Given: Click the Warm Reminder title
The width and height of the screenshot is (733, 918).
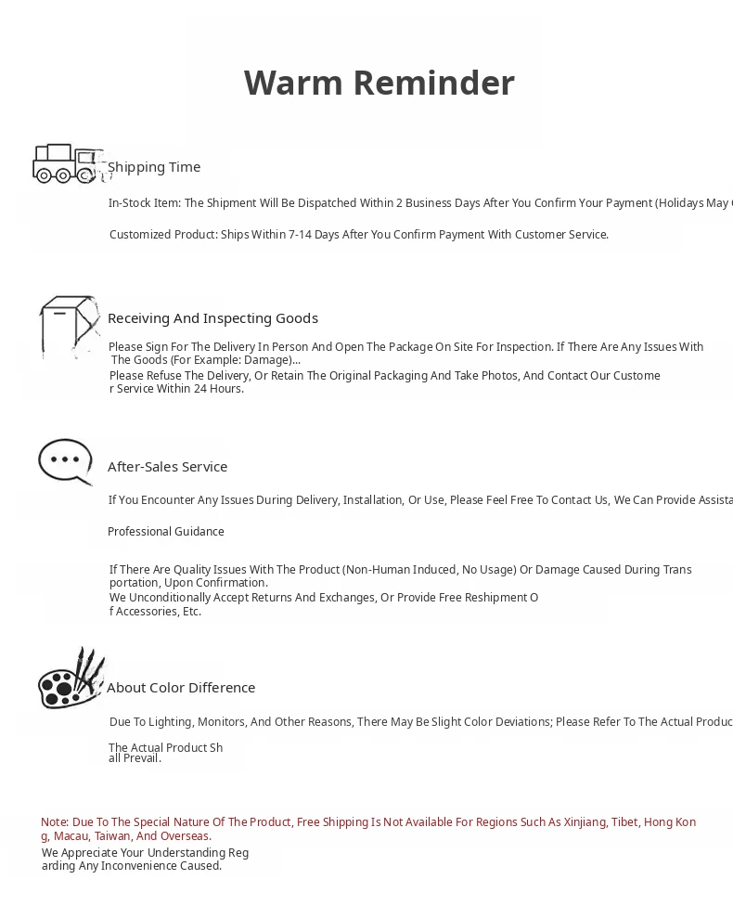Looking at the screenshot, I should (379, 83).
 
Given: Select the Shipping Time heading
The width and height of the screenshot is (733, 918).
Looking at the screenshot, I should (154, 167).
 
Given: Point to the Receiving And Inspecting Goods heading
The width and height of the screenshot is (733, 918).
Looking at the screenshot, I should (212, 318).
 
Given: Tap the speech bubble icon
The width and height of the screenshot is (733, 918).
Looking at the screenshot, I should (65, 461).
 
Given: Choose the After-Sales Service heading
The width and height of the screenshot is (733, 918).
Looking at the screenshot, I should (167, 467).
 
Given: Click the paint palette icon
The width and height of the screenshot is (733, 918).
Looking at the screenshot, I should (70, 679).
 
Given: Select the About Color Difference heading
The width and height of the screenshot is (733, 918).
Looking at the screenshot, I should (181, 688).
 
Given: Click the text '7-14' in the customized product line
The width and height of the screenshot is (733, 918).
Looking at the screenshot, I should (300, 235).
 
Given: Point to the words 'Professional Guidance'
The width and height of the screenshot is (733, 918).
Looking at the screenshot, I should (166, 532).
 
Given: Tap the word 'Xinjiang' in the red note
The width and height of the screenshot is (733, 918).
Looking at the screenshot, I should (581, 822).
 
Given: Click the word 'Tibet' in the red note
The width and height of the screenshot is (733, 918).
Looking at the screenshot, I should (624, 822).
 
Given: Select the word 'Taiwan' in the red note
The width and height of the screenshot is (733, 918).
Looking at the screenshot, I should (112, 836).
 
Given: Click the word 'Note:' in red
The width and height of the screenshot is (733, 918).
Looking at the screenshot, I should (55, 822).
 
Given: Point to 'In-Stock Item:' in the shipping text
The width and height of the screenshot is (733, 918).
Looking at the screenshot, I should (145, 203).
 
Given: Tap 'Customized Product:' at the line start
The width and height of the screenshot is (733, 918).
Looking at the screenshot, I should (163, 235).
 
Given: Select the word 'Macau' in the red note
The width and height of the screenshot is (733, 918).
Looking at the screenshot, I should (71, 836).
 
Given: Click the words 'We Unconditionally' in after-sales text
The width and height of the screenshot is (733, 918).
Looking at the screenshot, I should (156, 598).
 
